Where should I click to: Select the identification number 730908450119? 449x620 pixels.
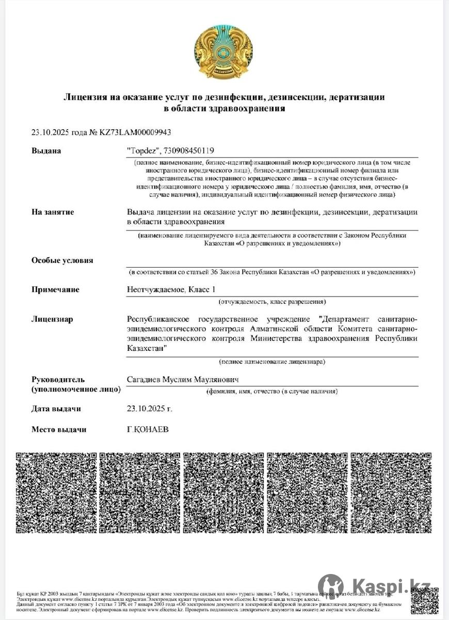188,151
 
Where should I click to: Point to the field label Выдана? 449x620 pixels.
46,151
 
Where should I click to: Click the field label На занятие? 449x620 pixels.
53,212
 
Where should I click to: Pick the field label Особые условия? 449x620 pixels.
62,260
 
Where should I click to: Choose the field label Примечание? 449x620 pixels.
55,289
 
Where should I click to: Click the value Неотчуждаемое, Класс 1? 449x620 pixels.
170,289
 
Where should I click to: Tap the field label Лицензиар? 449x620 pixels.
52,319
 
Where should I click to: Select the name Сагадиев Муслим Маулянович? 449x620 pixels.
183,380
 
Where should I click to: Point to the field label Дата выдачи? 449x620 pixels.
56,409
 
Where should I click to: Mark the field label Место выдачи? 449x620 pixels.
59,429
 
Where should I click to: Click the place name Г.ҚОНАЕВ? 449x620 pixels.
148,429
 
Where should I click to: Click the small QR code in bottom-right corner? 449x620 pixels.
424,600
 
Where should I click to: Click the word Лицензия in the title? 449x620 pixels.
85,97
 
